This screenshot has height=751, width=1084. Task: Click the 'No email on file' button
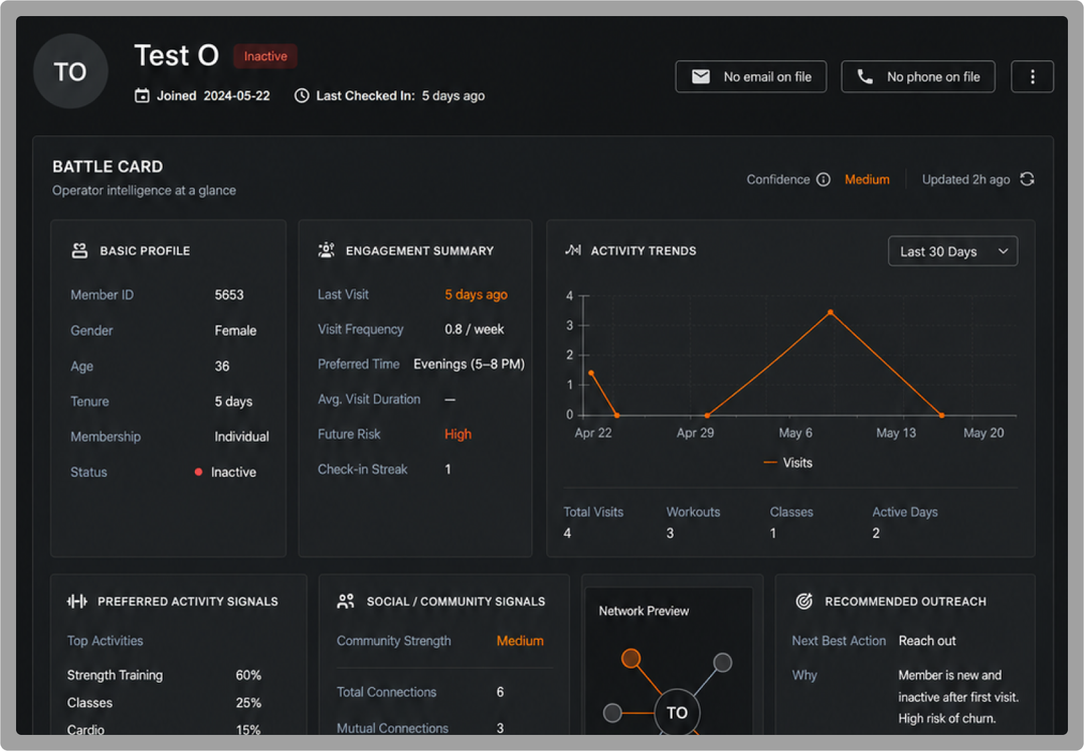750,76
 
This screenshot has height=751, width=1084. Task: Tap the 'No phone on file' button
918,76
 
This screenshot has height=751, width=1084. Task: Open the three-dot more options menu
1032,76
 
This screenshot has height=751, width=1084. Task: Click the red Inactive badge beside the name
265,56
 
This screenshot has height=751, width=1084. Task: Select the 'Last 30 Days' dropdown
953,251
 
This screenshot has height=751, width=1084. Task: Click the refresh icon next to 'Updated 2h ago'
1027,180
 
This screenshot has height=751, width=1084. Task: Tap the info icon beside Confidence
823,180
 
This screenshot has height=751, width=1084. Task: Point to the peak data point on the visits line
831,312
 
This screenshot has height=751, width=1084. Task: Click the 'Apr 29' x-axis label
695,433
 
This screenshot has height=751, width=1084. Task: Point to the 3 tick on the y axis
569,325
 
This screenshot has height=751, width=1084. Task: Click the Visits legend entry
788,463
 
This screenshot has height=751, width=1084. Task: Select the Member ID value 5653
229,295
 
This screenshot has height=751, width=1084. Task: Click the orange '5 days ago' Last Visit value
476,294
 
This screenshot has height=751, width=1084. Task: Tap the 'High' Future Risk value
458,434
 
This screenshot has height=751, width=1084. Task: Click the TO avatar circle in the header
70,71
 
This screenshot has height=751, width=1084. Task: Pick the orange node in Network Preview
630,658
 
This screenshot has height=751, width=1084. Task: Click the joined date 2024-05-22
236,96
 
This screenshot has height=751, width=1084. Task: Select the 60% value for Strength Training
249,675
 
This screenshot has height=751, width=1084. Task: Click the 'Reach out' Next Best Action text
927,640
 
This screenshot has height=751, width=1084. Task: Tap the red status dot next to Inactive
198,472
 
